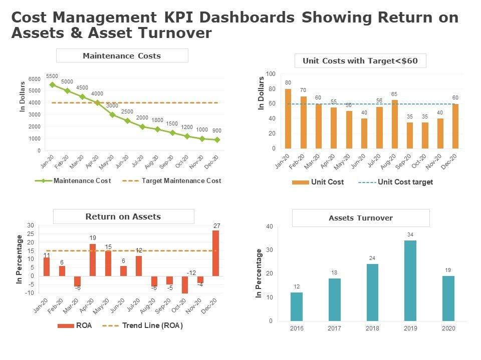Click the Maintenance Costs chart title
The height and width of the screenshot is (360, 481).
click(122, 55)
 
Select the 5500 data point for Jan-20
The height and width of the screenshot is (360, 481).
click(52, 84)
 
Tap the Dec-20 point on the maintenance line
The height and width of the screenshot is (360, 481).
click(217, 140)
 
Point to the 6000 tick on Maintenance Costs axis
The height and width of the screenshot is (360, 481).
click(35, 79)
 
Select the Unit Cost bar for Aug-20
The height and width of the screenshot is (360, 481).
click(395, 124)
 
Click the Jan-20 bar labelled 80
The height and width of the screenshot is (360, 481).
click(288, 118)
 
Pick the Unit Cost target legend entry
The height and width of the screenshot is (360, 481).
click(405, 182)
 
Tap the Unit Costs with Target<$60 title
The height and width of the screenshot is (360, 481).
click(360, 61)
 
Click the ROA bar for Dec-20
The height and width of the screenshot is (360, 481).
click(216, 253)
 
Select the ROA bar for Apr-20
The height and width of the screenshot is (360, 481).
click(93, 259)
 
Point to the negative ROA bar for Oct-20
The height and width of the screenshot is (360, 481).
click(185, 284)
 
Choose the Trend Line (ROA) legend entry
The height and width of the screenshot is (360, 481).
click(152, 325)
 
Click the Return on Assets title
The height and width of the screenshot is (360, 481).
click(123, 216)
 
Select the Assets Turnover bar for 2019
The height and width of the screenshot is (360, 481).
click(410, 280)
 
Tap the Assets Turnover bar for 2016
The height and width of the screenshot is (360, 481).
click(297, 306)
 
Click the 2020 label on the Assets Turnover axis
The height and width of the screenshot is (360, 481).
click(448, 328)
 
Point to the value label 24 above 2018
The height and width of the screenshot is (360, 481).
click(372, 258)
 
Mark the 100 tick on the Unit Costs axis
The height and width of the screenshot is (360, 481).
click(271, 74)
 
